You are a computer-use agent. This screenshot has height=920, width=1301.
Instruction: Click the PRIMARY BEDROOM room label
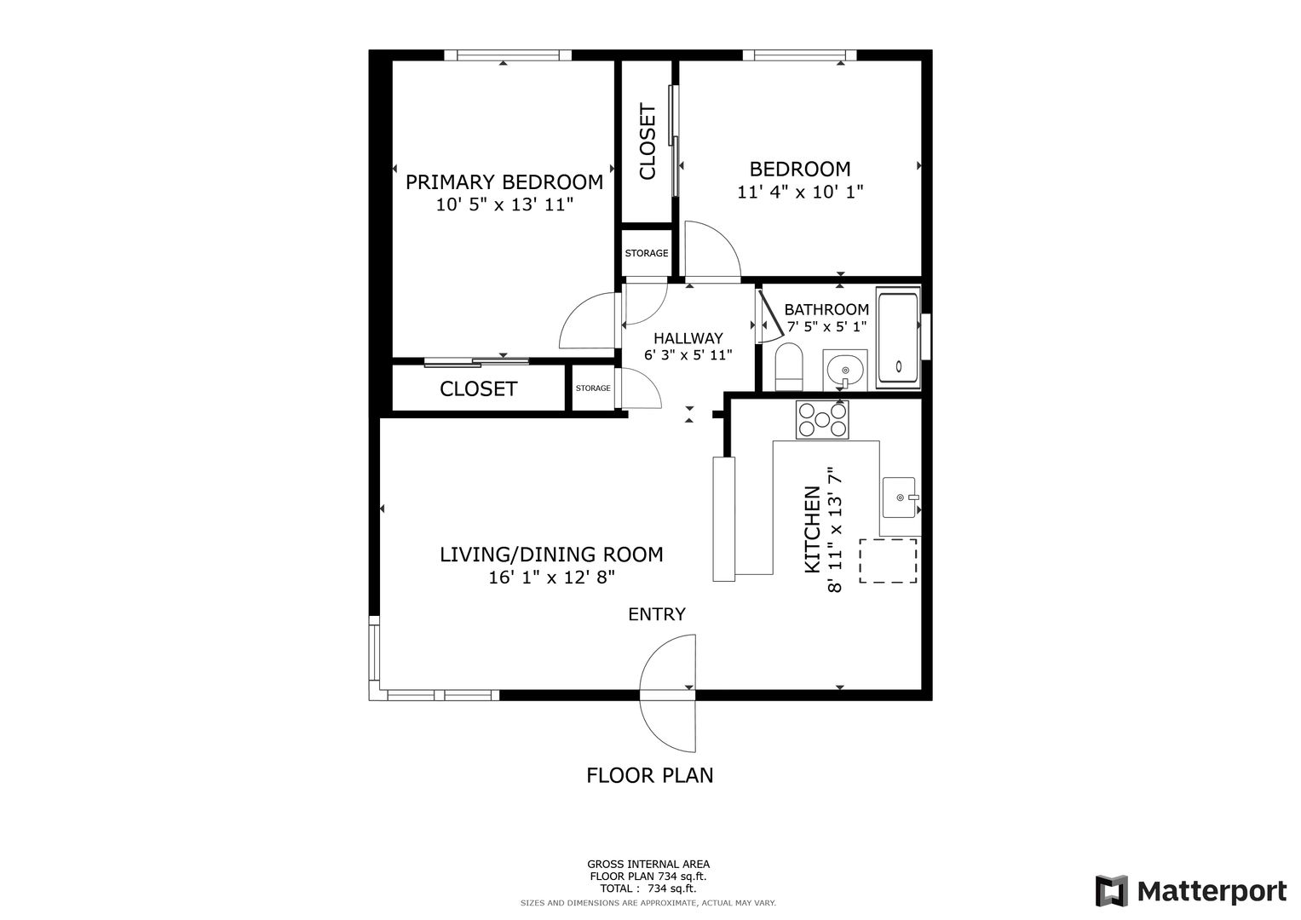pos(504,182)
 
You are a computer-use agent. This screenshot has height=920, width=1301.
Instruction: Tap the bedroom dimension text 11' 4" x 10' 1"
pos(800,192)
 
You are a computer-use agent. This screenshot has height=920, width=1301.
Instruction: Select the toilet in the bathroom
pos(789,366)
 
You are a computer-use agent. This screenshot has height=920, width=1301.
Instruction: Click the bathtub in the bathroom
pos(899,340)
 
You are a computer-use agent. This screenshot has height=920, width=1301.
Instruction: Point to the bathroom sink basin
pos(845,371)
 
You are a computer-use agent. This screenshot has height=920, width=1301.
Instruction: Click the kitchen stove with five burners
pos(822,419)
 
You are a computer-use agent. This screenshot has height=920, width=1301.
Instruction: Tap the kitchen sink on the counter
pos(899,497)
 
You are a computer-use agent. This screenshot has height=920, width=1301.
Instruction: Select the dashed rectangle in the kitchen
pos(888,561)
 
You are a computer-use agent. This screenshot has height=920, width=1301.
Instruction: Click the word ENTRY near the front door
pos(657,614)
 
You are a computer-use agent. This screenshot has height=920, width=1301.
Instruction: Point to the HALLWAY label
pos(688,338)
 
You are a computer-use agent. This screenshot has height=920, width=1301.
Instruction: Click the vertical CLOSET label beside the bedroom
pos(648,141)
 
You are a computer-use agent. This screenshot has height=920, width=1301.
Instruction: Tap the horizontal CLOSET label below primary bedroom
pos(479,388)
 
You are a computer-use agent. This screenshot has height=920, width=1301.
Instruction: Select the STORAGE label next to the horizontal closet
pos(593,388)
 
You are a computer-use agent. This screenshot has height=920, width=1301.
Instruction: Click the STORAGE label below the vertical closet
pos(647,253)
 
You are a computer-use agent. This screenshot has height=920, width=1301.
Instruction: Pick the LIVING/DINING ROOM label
pos(551,555)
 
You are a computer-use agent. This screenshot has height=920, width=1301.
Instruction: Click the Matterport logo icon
pos(1112,890)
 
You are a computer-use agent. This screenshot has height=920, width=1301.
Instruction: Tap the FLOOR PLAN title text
pos(650,775)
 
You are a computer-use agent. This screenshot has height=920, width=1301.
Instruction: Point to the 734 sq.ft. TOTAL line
pos(648,888)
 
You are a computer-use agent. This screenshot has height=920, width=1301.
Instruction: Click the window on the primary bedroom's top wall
pos(508,55)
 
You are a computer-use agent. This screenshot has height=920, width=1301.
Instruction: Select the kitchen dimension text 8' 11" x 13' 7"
pos(835,530)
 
